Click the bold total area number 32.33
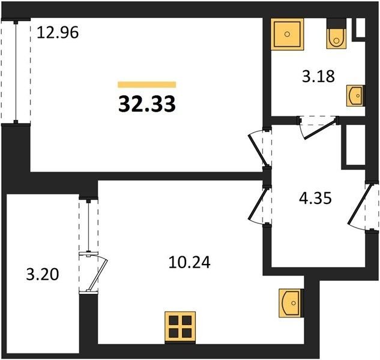(x=147, y=104)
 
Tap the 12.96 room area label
(x=58, y=32)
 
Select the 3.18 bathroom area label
(x=318, y=76)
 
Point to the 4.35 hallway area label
(x=315, y=198)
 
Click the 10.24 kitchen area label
(x=189, y=262)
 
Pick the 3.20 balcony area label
(x=43, y=275)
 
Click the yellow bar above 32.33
(x=147, y=85)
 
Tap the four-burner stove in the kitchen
(x=180, y=327)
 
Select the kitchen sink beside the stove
(x=291, y=303)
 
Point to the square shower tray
(x=287, y=34)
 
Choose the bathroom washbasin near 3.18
(x=355, y=95)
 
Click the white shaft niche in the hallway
(x=355, y=145)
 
